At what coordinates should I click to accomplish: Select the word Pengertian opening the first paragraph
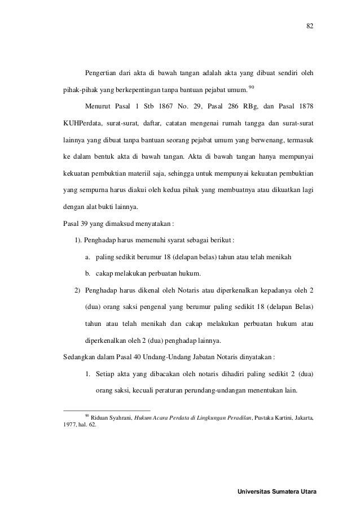[102, 73]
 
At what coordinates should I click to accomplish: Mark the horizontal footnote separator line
[107, 410]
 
